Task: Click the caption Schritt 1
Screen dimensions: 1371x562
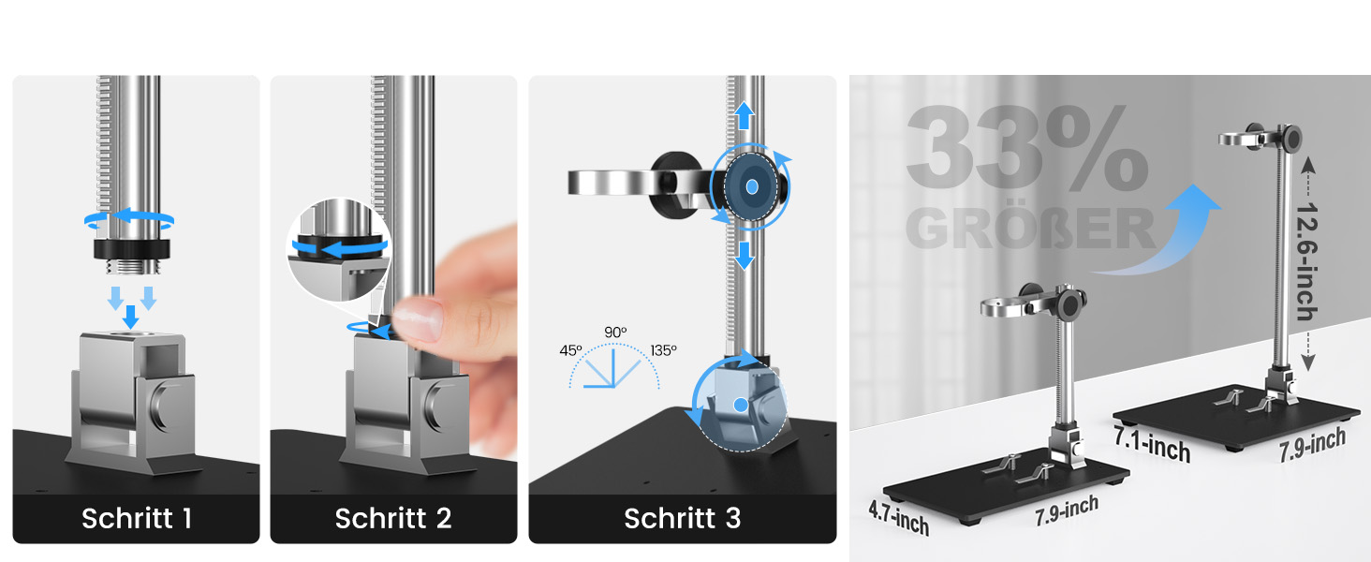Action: click(x=137, y=519)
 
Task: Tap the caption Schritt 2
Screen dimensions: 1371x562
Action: click(x=393, y=519)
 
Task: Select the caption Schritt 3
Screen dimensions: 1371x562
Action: click(x=683, y=519)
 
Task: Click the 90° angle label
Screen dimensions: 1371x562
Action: click(x=615, y=332)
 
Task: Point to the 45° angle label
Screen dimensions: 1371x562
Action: click(x=570, y=350)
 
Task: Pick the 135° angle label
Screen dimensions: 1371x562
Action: click(x=663, y=350)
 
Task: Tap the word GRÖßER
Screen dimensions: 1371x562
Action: click(x=1030, y=228)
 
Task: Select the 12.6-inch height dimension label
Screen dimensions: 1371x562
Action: click(x=1307, y=261)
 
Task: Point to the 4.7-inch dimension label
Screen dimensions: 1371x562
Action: click(x=898, y=517)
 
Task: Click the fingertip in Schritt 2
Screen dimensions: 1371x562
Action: click(x=418, y=318)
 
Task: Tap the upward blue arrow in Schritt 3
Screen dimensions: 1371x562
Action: click(x=744, y=116)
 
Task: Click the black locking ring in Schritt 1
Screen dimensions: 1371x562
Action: click(x=132, y=248)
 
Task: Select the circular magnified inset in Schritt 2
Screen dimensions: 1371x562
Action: click(x=339, y=249)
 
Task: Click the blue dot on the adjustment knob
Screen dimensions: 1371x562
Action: click(x=752, y=186)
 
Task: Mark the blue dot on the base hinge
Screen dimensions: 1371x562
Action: click(x=741, y=405)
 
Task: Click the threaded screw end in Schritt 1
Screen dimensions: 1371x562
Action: click(x=133, y=266)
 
